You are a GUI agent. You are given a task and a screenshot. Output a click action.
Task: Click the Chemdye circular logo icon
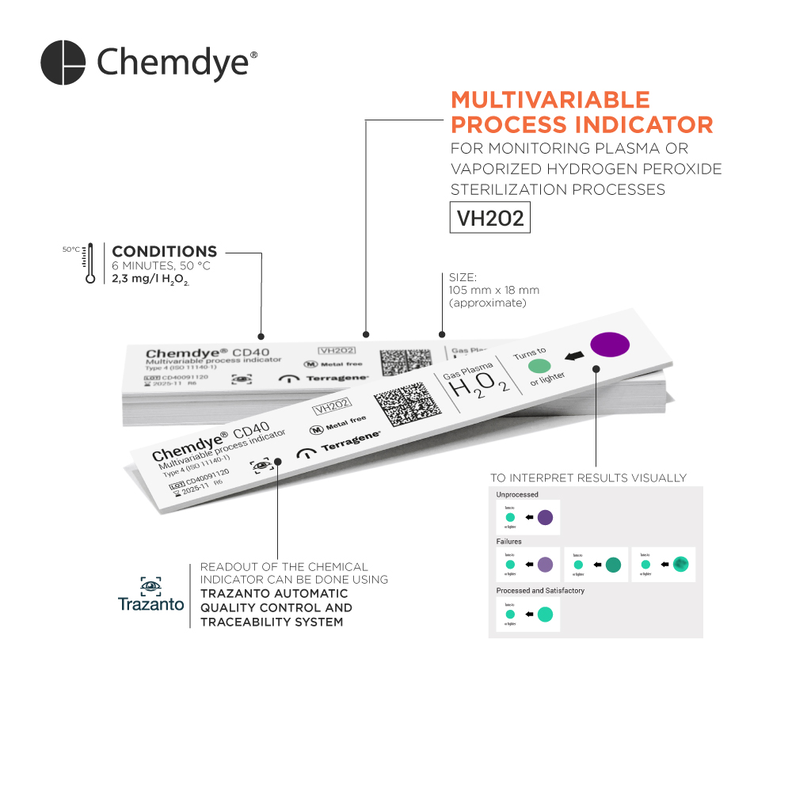(x=63, y=63)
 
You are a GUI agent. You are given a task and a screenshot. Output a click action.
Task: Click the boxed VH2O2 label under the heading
(x=490, y=218)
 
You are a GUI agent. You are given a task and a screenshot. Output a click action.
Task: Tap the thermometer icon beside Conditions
(x=90, y=263)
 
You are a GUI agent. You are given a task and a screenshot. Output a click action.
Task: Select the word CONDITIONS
(x=164, y=252)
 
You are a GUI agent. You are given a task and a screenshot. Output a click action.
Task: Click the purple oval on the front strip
(x=610, y=344)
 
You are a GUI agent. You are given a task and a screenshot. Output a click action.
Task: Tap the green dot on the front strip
(x=539, y=366)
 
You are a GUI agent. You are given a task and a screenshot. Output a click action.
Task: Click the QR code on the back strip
(x=406, y=363)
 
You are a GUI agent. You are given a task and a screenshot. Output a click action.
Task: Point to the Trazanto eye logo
(x=150, y=587)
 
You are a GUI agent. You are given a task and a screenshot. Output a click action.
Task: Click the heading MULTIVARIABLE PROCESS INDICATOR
(x=581, y=112)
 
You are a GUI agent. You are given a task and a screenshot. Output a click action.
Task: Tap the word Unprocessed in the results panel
(x=517, y=495)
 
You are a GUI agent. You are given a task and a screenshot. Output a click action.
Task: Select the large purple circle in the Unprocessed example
(x=545, y=518)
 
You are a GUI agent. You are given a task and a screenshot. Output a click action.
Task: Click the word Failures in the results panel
(x=509, y=542)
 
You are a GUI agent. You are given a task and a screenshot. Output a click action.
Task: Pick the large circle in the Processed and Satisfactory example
(x=545, y=614)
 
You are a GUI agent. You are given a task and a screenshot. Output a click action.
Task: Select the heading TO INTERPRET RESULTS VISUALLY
(x=588, y=478)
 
